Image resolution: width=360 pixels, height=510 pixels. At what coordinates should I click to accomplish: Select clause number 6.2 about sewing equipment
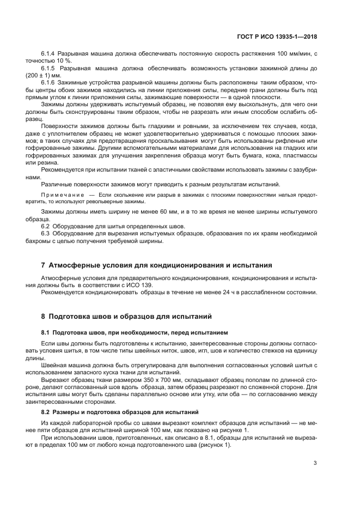click(46, 226)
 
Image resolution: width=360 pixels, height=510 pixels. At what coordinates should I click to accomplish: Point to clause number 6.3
click(46, 233)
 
